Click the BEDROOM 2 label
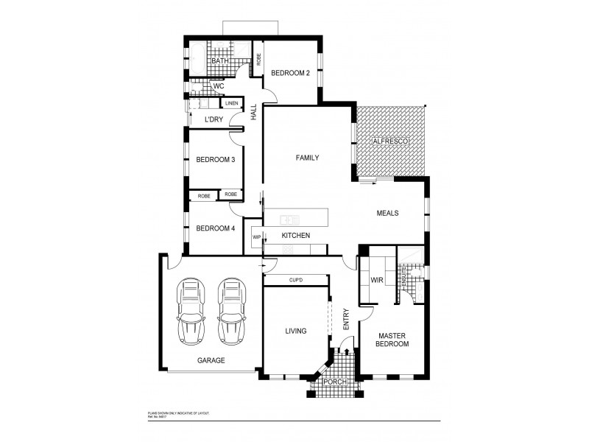(x=290, y=73)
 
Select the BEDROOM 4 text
(x=215, y=228)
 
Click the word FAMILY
(x=307, y=158)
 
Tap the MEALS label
(x=387, y=213)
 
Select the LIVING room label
(x=295, y=331)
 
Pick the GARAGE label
(x=211, y=361)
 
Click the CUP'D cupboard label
(x=296, y=279)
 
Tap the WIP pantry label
(x=257, y=237)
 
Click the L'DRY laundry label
(x=214, y=119)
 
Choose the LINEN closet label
(x=232, y=103)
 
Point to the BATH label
(x=219, y=62)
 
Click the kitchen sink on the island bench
(x=290, y=218)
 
